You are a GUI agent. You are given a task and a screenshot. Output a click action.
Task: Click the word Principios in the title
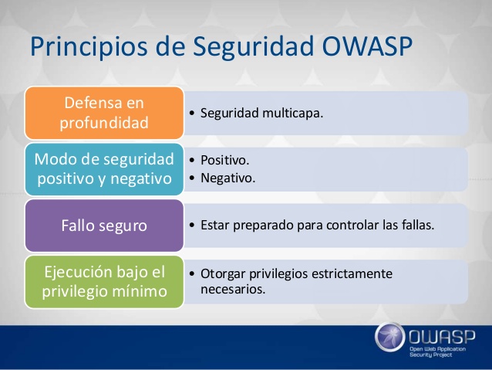tap(89, 47)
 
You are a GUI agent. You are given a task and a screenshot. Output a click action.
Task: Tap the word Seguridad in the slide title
tap(253, 47)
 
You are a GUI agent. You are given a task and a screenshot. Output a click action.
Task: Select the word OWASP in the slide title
tap(367, 46)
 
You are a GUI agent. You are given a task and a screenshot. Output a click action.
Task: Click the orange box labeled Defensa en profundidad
tap(104, 113)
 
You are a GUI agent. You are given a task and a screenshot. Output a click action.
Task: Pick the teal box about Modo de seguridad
tap(104, 169)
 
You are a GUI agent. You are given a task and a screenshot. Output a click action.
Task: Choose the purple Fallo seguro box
tap(104, 226)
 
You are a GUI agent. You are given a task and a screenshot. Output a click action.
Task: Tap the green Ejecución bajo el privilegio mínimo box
tap(104, 282)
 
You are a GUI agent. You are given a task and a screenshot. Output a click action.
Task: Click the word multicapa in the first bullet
tap(292, 114)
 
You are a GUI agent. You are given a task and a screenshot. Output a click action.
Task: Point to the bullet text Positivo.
tap(225, 161)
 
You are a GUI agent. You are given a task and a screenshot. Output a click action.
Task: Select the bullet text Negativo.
tap(228, 178)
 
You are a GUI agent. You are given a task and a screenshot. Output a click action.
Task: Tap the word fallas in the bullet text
tap(418, 225)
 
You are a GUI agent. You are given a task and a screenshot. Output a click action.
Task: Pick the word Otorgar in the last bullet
tap(223, 274)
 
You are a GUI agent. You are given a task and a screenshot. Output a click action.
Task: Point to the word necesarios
tap(233, 290)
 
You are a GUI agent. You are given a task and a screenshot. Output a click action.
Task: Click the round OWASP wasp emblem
tap(390, 337)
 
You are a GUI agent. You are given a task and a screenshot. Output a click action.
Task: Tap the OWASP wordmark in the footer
tap(442, 337)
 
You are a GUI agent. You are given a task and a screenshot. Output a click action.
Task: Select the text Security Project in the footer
tap(431, 355)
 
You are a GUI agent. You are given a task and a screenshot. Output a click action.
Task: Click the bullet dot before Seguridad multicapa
tap(192, 113)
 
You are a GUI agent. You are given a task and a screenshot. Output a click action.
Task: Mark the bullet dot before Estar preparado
tap(192, 225)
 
